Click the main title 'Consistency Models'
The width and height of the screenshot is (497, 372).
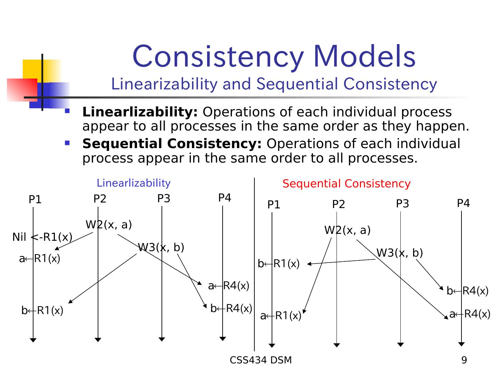click(x=274, y=56)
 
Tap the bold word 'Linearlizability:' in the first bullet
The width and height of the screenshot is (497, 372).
click(x=140, y=112)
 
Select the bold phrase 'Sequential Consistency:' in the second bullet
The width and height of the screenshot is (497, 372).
click(x=172, y=144)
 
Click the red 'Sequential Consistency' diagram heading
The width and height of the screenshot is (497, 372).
click(x=347, y=184)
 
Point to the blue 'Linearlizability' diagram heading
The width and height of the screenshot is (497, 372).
click(x=134, y=183)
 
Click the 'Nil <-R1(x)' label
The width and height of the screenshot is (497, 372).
click(x=42, y=237)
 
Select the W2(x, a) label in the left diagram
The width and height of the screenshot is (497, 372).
click(x=109, y=225)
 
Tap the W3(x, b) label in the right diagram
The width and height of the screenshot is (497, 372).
click(x=400, y=253)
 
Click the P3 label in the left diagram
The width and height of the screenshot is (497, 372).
click(x=164, y=198)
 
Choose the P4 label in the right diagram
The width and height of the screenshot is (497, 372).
click(x=463, y=203)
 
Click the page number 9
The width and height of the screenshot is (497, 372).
click(x=464, y=360)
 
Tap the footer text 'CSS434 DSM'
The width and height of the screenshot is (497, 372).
click(x=261, y=360)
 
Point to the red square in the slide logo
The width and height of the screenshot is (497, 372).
click(x=21, y=90)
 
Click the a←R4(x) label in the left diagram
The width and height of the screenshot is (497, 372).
click(x=228, y=286)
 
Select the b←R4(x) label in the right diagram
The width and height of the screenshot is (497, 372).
click(x=468, y=291)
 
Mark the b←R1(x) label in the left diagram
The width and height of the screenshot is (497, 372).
click(x=42, y=311)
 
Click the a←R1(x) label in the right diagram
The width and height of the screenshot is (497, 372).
click(x=281, y=316)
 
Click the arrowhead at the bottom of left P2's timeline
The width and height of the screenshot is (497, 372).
click(x=98, y=340)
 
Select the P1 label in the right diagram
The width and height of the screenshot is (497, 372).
click(x=274, y=205)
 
